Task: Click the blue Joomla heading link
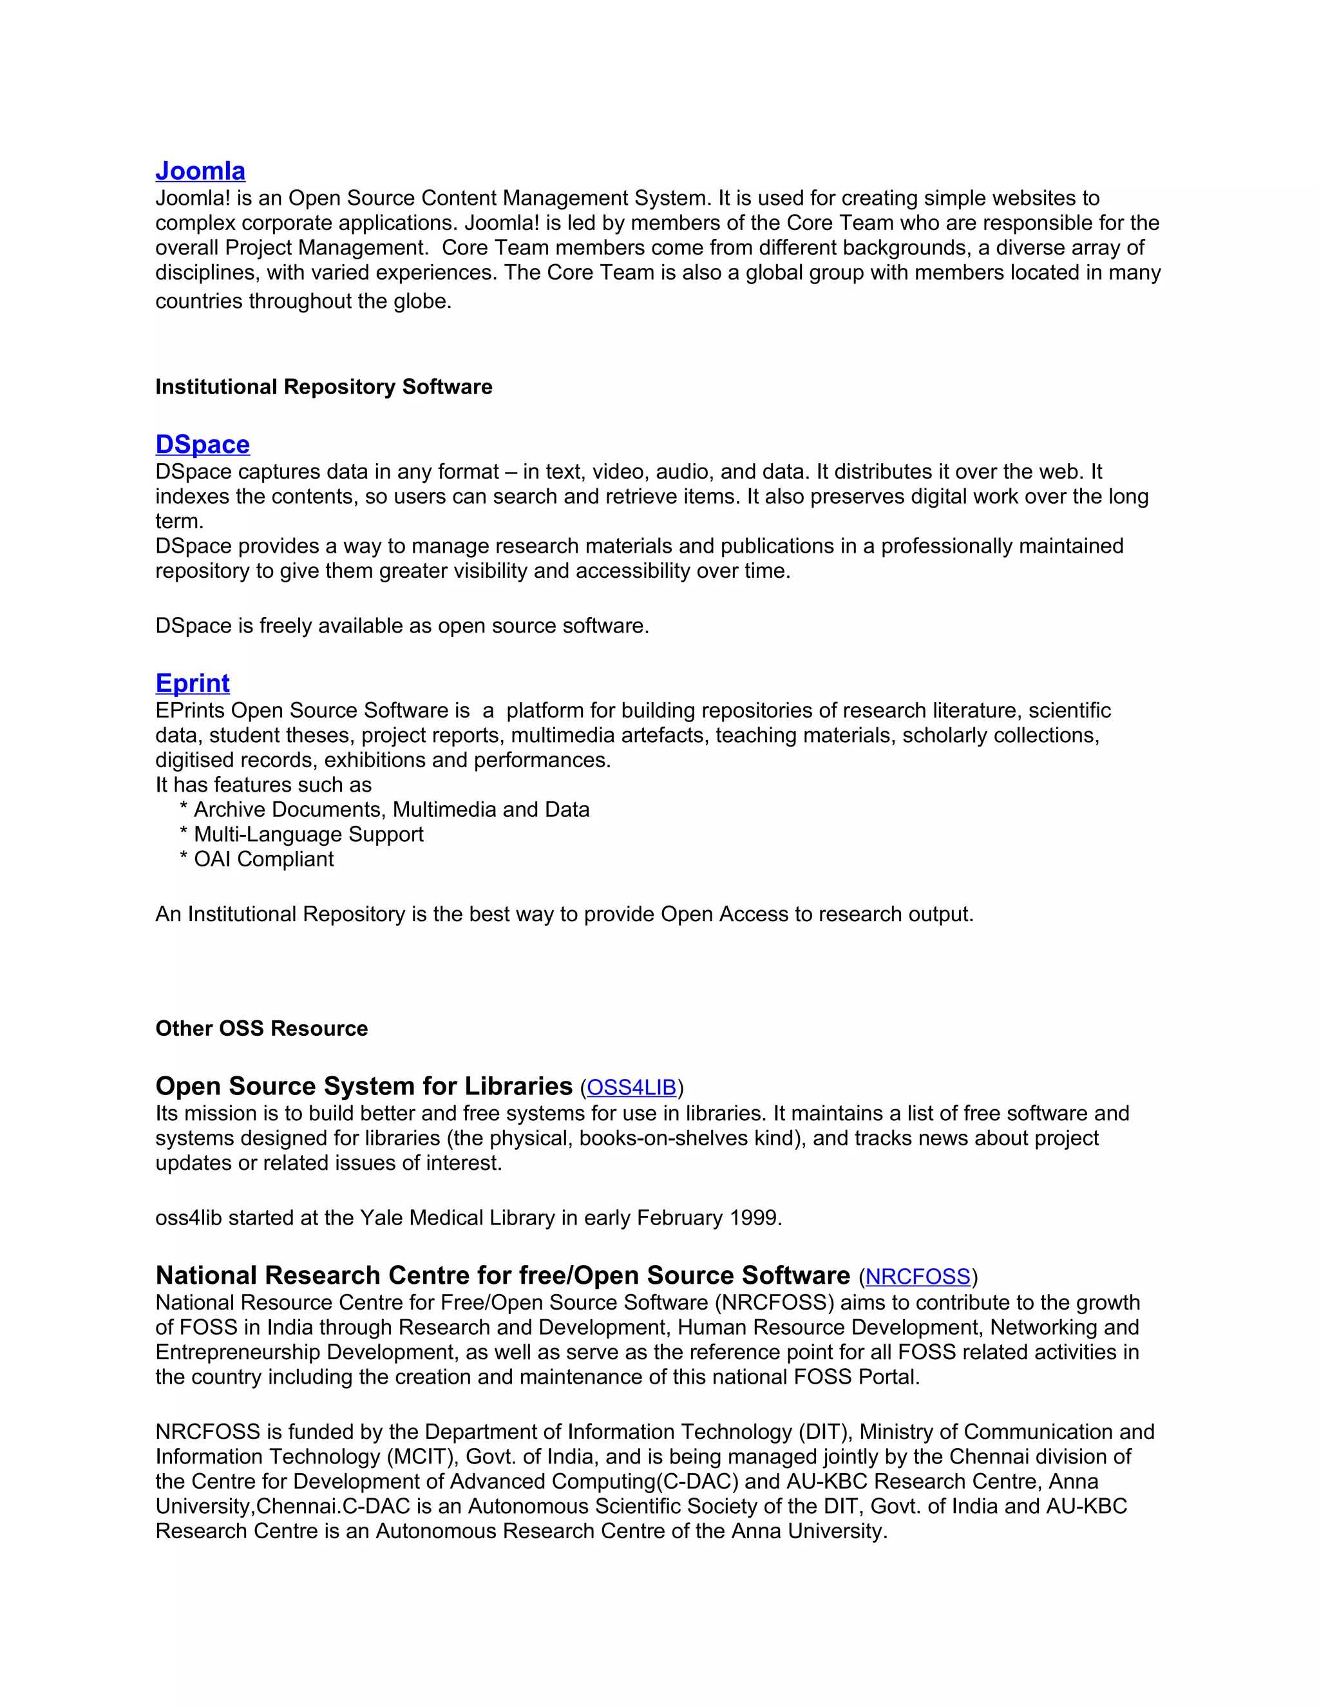coord(200,171)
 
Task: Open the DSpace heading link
coord(202,444)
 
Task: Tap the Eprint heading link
coord(192,683)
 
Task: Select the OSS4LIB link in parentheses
coord(631,1088)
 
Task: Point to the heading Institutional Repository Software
coord(323,387)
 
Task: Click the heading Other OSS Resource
coord(261,1029)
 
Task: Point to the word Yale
coord(381,1217)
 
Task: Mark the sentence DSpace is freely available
coord(402,626)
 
